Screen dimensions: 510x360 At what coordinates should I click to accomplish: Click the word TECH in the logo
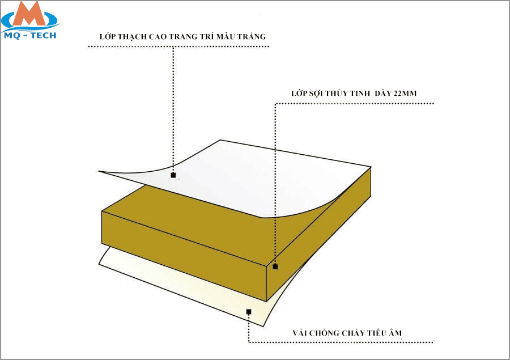[x=44, y=36]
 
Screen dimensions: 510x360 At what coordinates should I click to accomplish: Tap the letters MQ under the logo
[x=12, y=36]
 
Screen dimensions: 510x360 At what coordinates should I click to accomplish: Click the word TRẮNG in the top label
[x=252, y=36]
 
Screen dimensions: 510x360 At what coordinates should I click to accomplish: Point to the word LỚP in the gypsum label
[x=107, y=36]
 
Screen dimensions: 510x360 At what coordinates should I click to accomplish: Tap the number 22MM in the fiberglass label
[x=405, y=94]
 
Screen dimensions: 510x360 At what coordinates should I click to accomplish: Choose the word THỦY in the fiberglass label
[x=336, y=93]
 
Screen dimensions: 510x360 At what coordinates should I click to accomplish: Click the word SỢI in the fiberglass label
[x=316, y=94]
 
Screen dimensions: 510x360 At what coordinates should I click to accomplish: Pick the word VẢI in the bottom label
[x=300, y=333]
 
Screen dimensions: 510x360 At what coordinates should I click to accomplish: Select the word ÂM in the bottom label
[x=396, y=333]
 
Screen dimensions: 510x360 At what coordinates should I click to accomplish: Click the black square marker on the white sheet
[x=173, y=175]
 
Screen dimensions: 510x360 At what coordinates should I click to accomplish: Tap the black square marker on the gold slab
[x=275, y=266]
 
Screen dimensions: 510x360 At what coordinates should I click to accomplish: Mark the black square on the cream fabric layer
[x=249, y=312]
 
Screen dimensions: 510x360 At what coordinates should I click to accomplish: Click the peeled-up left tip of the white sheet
[x=99, y=171]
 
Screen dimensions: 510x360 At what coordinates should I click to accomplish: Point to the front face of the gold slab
[x=184, y=256]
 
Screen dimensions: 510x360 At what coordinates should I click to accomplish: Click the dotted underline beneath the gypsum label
[x=178, y=46]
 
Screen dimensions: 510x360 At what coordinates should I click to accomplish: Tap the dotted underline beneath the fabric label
[x=341, y=342]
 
